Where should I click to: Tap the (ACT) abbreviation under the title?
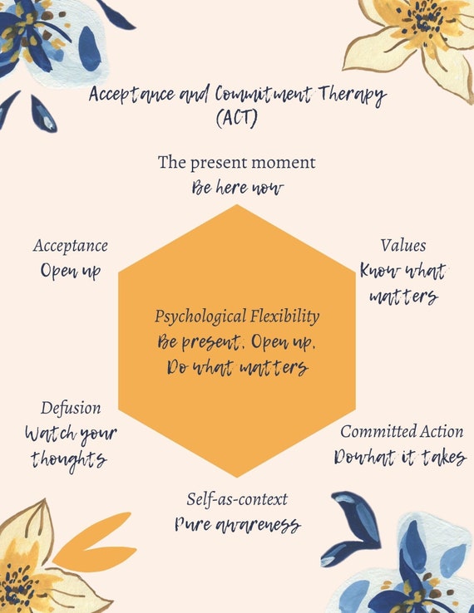coord(236,119)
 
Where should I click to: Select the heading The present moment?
coord(237,162)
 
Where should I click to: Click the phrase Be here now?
coord(237,188)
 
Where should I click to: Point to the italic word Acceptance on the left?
coord(71,246)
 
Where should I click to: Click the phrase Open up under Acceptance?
coord(71,271)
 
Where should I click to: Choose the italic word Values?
coord(403,246)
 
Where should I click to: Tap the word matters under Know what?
coord(403,296)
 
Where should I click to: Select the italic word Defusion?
coord(71,408)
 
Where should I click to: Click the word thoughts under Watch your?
coord(69,459)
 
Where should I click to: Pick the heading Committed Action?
coord(402,431)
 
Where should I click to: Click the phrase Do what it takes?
coord(400,458)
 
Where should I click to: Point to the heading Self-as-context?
coord(237,499)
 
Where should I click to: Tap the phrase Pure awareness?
coord(237,525)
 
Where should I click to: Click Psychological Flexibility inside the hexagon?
coord(237,316)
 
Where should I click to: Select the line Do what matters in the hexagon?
coord(237,367)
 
